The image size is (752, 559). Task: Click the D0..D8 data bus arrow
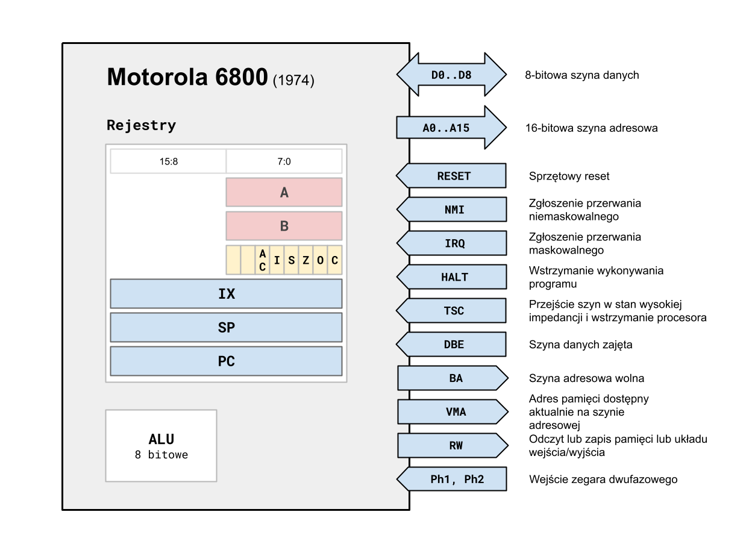(451, 75)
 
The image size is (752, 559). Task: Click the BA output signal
(453, 378)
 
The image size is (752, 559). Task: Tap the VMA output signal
(453, 412)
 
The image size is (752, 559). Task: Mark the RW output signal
(453, 446)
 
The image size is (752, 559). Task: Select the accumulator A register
(284, 192)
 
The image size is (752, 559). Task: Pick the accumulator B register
(284, 226)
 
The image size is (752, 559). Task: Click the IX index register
(226, 294)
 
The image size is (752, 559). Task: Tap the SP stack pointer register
(226, 328)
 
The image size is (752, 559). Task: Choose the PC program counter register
(226, 361)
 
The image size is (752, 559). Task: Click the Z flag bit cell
(305, 260)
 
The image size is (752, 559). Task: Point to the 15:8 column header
(168, 161)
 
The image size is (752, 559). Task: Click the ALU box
(161, 446)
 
